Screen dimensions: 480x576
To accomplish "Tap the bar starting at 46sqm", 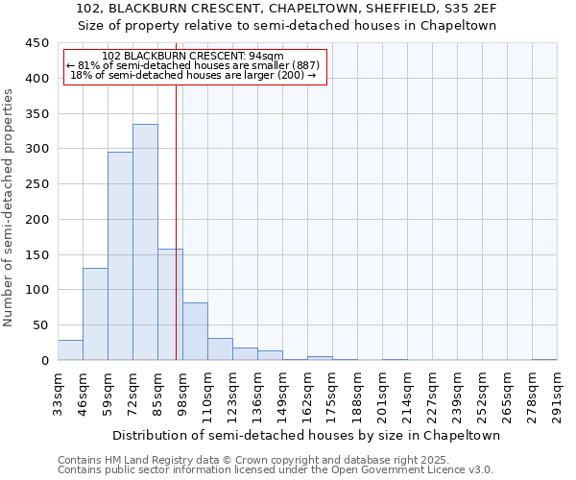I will pos(95,314).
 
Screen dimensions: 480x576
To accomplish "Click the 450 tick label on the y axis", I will pos(36,43).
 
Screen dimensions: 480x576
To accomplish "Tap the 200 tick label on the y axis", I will pos(36,219).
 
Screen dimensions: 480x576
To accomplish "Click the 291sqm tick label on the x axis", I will pos(557,394).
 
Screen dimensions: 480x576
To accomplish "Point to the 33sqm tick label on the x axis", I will pos(58,394).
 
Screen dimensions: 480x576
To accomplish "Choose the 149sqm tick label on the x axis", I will pos(282,394).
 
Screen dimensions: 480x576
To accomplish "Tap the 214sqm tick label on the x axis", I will pos(407,394).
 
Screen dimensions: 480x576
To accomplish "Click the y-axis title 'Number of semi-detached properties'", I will pos(9,207).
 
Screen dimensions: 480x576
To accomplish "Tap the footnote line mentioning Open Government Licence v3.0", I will pos(276,469).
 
